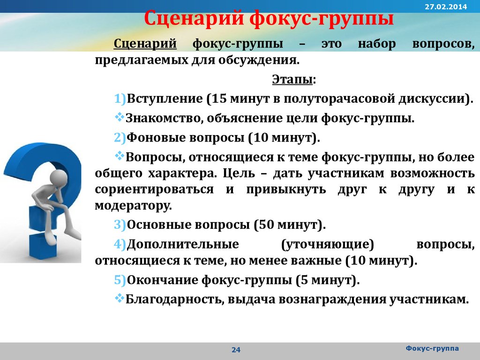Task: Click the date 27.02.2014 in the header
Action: (x=446, y=7)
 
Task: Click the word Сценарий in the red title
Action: (x=194, y=18)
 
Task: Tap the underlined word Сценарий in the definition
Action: (x=145, y=44)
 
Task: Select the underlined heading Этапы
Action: (x=292, y=79)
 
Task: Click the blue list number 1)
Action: (x=120, y=98)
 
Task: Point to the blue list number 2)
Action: (x=120, y=137)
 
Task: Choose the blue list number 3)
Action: (x=120, y=225)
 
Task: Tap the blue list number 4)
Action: (x=120, y=244)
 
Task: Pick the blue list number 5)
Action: (x=120, y=280)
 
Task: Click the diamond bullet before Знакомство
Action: (x=120, y=117)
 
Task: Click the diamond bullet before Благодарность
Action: (x=120, y=298)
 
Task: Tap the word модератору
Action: (x=134, y=206)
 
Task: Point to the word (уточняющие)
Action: (x=328, y=244)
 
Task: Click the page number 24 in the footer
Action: (x=236, y=350)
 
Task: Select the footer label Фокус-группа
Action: (x=432, y=348)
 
